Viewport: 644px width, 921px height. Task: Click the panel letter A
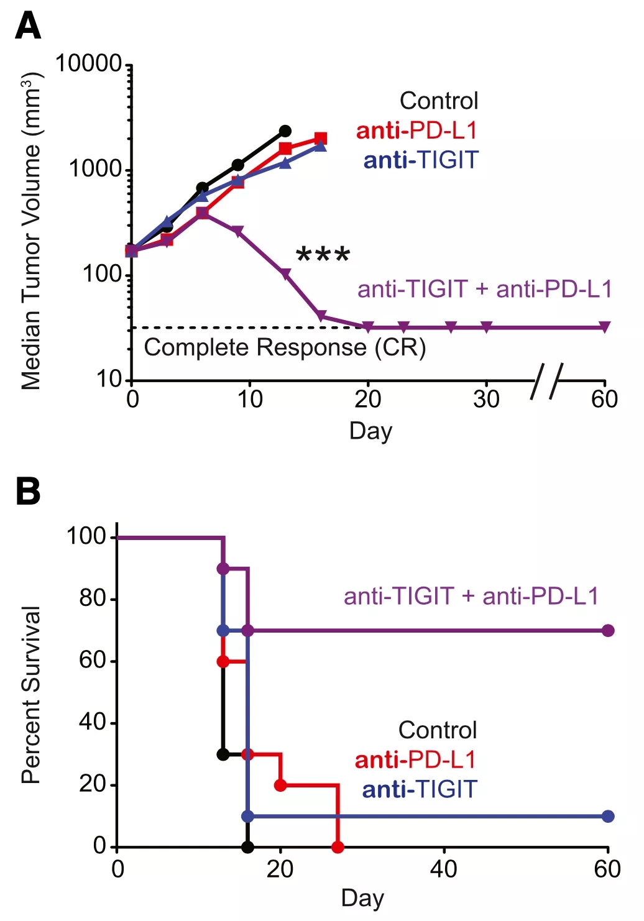[28, 27]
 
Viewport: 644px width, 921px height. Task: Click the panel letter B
[28, 491]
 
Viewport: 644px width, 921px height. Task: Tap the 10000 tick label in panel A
[88, 63]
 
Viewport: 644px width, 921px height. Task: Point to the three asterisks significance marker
[323, 254]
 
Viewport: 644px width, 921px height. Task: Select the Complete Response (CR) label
[285, 347]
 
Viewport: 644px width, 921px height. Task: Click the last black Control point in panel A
[285, 131]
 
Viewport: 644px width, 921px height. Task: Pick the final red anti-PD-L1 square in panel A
[321, 139]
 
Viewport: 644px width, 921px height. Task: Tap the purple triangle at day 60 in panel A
[605, 327]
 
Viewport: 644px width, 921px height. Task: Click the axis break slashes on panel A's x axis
[547, 380]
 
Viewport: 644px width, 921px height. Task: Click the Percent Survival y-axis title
[31, 695]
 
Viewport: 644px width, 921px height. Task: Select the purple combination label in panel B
[471, 597]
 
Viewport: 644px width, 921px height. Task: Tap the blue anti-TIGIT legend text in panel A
[421, 160]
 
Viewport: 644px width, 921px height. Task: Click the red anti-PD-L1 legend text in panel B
[415, 760]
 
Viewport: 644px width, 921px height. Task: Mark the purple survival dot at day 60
[608, 631]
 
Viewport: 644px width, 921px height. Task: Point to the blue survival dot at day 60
[608, 817]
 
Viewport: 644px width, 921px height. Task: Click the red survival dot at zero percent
[338, 847]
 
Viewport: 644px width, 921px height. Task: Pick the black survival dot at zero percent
[247, 847]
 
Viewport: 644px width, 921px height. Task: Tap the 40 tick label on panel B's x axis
[444, 869]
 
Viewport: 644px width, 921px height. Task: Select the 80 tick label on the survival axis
[93, 598]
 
